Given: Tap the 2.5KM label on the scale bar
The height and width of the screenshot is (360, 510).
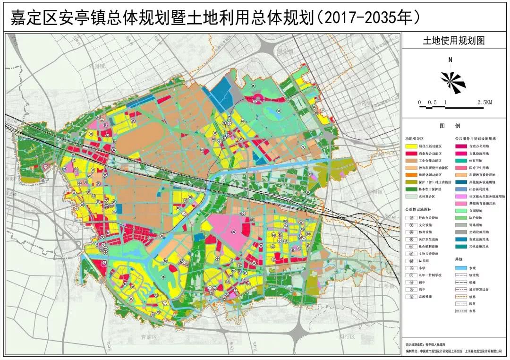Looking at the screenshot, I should click(484, 102).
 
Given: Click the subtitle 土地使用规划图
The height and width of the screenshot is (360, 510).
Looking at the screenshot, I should click(453, 41).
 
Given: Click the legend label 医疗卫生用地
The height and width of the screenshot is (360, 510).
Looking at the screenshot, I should click(481, 168).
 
